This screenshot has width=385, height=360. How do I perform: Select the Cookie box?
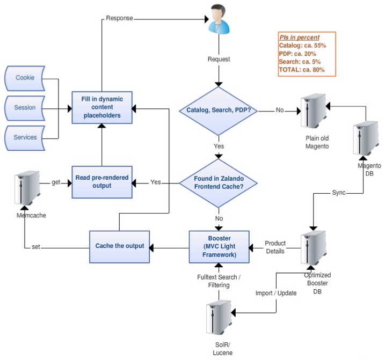point(25,78)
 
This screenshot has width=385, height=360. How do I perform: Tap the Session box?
point(25,107)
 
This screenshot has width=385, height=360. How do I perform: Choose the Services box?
point(25,137)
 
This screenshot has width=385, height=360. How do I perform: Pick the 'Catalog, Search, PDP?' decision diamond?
point(218,111)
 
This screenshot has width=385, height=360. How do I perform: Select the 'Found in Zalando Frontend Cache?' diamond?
point(218,183)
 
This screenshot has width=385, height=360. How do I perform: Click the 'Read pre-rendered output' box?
point(101,182)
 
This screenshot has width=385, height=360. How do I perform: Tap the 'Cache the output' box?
point(119,246)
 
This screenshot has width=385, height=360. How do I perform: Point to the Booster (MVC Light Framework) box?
point(219,246)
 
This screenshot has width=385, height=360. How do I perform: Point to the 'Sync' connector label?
point(339,192)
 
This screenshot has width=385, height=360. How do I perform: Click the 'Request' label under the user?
point(219,59)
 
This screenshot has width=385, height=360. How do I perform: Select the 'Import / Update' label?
point(275,293)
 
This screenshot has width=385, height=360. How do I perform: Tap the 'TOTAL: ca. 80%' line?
point(302,70)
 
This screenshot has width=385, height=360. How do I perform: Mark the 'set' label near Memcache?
point(36,247)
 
